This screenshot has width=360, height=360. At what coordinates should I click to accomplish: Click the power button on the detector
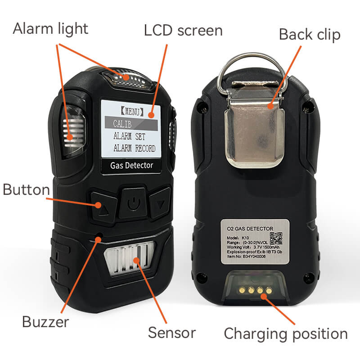[132, 204]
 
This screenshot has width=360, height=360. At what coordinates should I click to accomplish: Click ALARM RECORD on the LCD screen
[134, 148]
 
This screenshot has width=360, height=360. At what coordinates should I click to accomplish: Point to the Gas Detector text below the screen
[131, 166]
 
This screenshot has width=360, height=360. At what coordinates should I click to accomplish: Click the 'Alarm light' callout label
[50, 29]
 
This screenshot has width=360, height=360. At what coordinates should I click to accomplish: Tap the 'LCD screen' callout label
[183, 30]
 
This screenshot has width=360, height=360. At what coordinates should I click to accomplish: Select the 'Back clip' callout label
[310, 34]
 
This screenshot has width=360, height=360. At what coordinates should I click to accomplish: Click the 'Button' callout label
[26, 189]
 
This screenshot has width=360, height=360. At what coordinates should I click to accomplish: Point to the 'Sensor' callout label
[172, 333]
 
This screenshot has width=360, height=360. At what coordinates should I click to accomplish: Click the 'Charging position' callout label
[285, 334]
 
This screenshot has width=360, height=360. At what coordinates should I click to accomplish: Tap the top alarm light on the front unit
[127, 77]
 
